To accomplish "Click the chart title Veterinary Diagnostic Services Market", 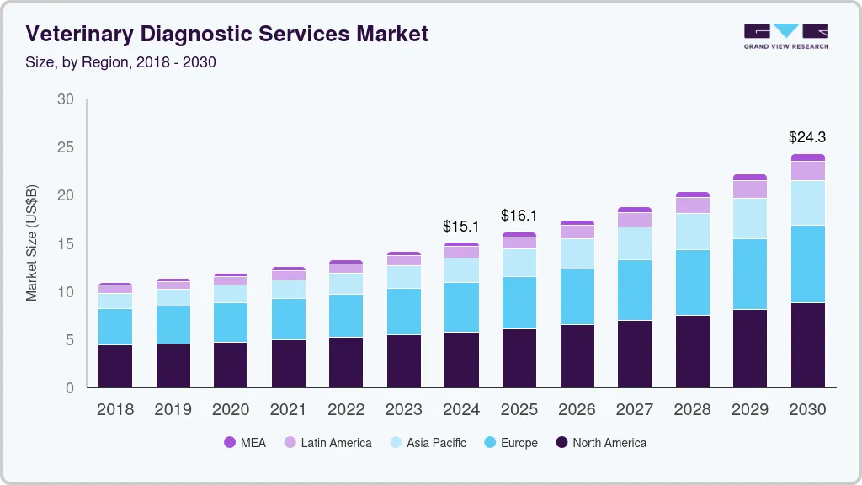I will click(x=226, y=34).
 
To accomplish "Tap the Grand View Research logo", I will click(x=785, y=35).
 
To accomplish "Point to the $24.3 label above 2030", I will click(x=807, y=136).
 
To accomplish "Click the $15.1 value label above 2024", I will click(x=461, y=227).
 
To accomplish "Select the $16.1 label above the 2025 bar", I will click(x=519, y=216).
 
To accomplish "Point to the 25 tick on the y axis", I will click(x=65, y=147).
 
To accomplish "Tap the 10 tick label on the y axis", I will click(x=65, y=292).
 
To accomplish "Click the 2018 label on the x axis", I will click(x=114, y=410).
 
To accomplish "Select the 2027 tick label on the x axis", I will click(x=634, y=410).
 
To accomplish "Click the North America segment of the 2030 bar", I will click(x=807, y=345).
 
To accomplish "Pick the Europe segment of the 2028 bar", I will click(x=692, y=283).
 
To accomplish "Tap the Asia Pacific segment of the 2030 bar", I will click(x=807, y=203).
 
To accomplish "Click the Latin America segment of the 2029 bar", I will click(x=749, y=189).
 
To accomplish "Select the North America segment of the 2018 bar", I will click(x=114, y=366).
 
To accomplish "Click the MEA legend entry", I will click(x=245, y=443).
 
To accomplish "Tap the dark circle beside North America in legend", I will click(x=561, y=443).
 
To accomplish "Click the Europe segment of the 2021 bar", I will click(x=288, y=319).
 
